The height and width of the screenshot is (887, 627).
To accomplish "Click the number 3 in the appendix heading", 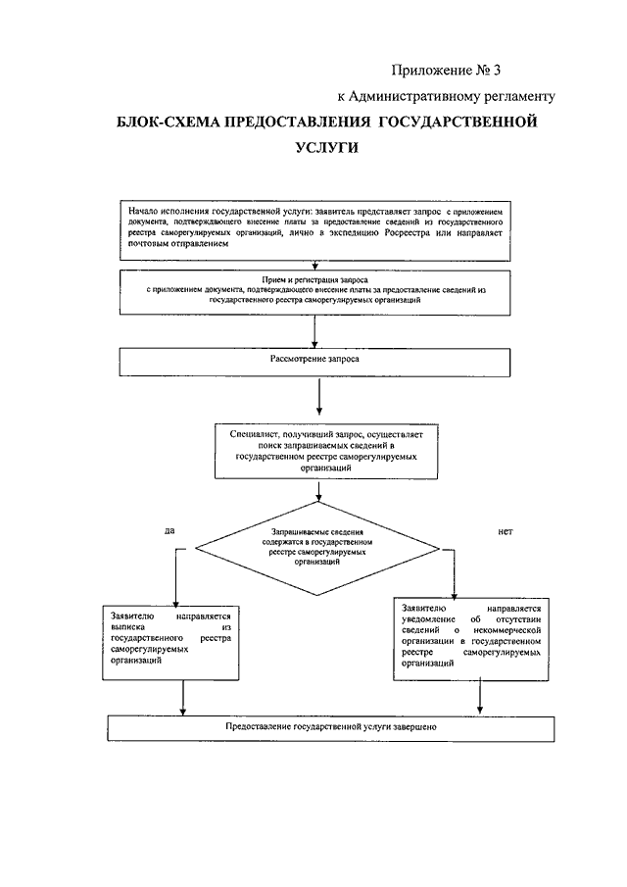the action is coord(497,71).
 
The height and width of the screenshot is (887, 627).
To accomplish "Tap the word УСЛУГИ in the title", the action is coord(327,148).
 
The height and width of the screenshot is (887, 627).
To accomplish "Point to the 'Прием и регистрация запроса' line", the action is coord(314,279).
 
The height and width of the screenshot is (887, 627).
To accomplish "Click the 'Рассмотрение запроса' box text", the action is coord(314,359).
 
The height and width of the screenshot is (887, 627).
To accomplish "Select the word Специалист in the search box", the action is coord(252,434).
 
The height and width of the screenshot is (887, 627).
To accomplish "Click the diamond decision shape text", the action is coord(317,547).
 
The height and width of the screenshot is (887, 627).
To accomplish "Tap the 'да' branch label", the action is coord(169,531).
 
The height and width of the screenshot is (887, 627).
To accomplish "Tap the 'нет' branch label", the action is coord(506,532).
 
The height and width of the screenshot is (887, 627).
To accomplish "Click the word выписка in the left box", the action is coord(128,627).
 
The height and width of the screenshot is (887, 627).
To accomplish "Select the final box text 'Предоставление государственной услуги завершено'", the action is coord(331,727).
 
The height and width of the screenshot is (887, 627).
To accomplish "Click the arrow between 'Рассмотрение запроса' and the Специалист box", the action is coord(319,397).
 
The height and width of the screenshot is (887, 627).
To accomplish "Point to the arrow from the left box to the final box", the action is coord(182,698).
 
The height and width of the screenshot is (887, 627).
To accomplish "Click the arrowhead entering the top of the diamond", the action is coord(318,498).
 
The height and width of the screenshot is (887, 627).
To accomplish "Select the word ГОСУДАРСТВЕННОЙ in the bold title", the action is coord(457,123).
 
